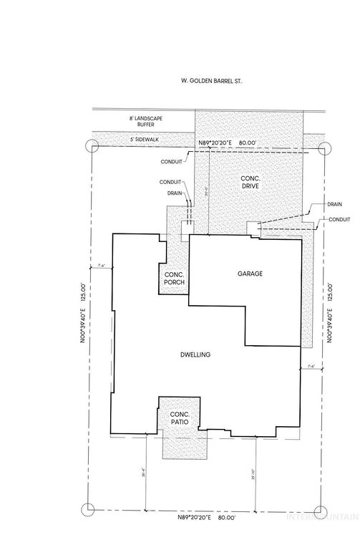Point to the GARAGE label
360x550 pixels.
[251, 274]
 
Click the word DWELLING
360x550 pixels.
[195, 355]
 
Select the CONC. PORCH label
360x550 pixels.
[175, 279]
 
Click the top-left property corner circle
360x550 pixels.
[91, 146]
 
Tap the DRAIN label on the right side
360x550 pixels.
[334, 204]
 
